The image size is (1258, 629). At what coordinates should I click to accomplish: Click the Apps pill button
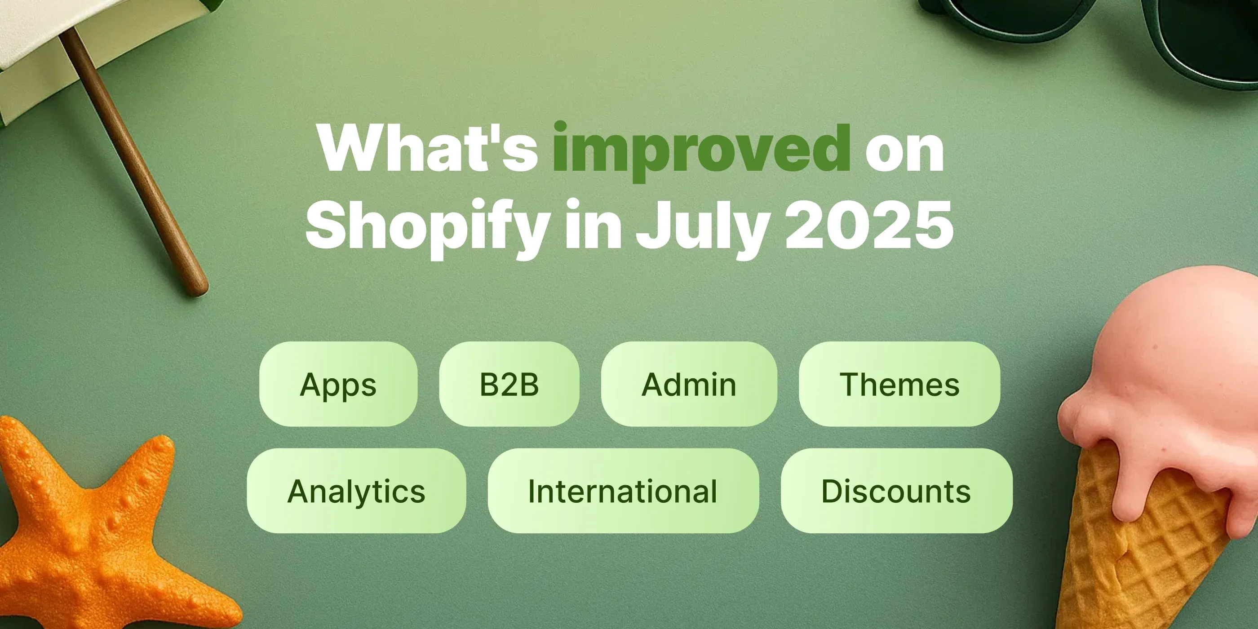[x=338, y=384]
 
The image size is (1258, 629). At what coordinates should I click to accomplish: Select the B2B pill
[x=509, y=384]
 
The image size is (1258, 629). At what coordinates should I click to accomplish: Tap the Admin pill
[x=689, y=384]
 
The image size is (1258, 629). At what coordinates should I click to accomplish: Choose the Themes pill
[x=899, y=384]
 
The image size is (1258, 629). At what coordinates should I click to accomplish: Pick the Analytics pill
[x=356, y=491]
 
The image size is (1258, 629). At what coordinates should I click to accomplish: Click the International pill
[x=623, y=491]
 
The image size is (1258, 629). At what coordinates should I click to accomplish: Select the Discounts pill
[x=896, y=491]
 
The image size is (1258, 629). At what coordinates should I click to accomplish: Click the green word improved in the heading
[x=701, y=149]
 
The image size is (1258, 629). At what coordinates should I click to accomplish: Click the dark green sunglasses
[x=1099, y=24]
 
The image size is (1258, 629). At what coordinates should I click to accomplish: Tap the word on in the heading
[x=904, y=149]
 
